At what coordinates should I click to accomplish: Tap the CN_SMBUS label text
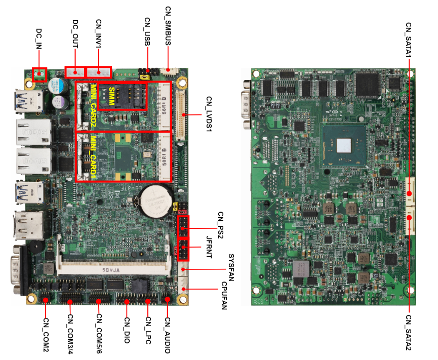tap(169, 25)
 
